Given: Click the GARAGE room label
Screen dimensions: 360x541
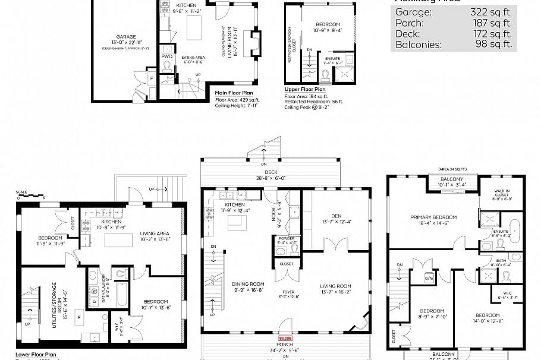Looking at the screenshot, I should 125,36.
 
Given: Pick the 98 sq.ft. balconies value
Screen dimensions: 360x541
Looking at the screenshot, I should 493,45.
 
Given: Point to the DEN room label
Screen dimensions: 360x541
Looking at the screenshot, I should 336,216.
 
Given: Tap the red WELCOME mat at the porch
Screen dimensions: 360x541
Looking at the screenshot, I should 285,338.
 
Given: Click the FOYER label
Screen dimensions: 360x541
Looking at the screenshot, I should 288,292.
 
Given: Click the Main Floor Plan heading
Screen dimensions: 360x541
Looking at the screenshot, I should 234,93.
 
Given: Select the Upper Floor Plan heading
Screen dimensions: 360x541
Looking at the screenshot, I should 304,89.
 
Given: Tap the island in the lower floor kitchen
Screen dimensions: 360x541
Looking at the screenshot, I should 118,240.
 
